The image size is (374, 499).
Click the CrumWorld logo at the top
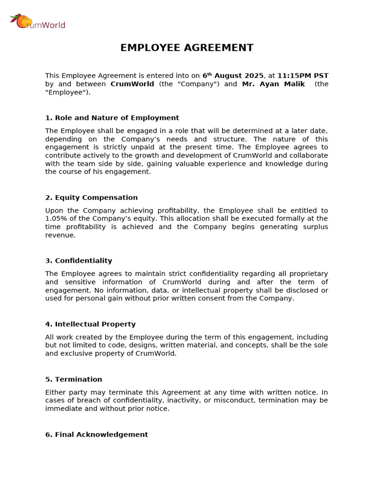[37, 22]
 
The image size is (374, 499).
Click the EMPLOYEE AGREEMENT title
[187, 48]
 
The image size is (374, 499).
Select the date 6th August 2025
[233, 76]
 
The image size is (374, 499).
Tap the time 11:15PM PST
[302, 76]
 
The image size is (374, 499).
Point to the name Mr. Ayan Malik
[273, 84]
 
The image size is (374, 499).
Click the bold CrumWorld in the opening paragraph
[132, 84]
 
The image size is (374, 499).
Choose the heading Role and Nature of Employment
[112, 118]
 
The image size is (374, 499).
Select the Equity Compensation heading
[92, 198]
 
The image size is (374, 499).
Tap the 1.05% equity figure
[56, 219]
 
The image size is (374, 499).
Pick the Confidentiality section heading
[78, 261]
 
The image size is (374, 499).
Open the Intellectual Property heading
[91, 325]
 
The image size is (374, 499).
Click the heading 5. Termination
[74, 380]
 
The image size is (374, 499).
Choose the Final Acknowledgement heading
[96, 435]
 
